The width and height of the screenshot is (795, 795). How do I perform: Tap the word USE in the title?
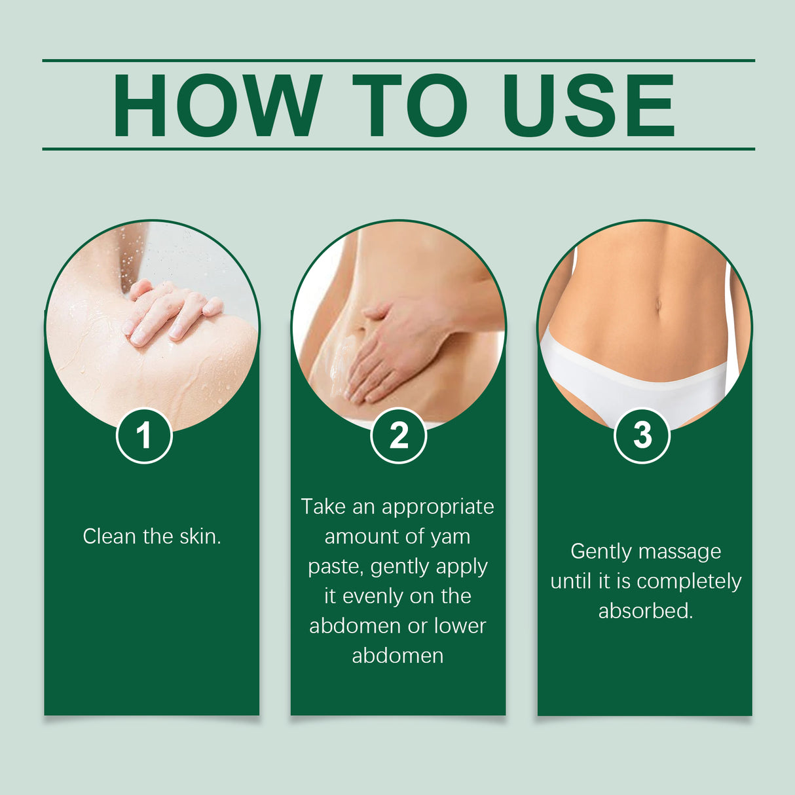(x=589, y=105)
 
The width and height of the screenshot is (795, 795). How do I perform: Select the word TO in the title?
(x=411, y=105)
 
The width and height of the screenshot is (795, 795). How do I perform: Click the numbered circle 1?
(x=144, y=435)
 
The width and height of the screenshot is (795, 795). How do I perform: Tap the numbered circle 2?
(x=398, y=435)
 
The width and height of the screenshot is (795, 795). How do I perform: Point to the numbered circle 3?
(x=642, y=435)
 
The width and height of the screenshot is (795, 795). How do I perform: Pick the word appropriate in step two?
(x=437, y=508)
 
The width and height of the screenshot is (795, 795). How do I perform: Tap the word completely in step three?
(x=689, y=582)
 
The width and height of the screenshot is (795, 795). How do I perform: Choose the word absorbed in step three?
(x=645, y=611)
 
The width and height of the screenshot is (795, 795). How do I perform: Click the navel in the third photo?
(x=658, y=305)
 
